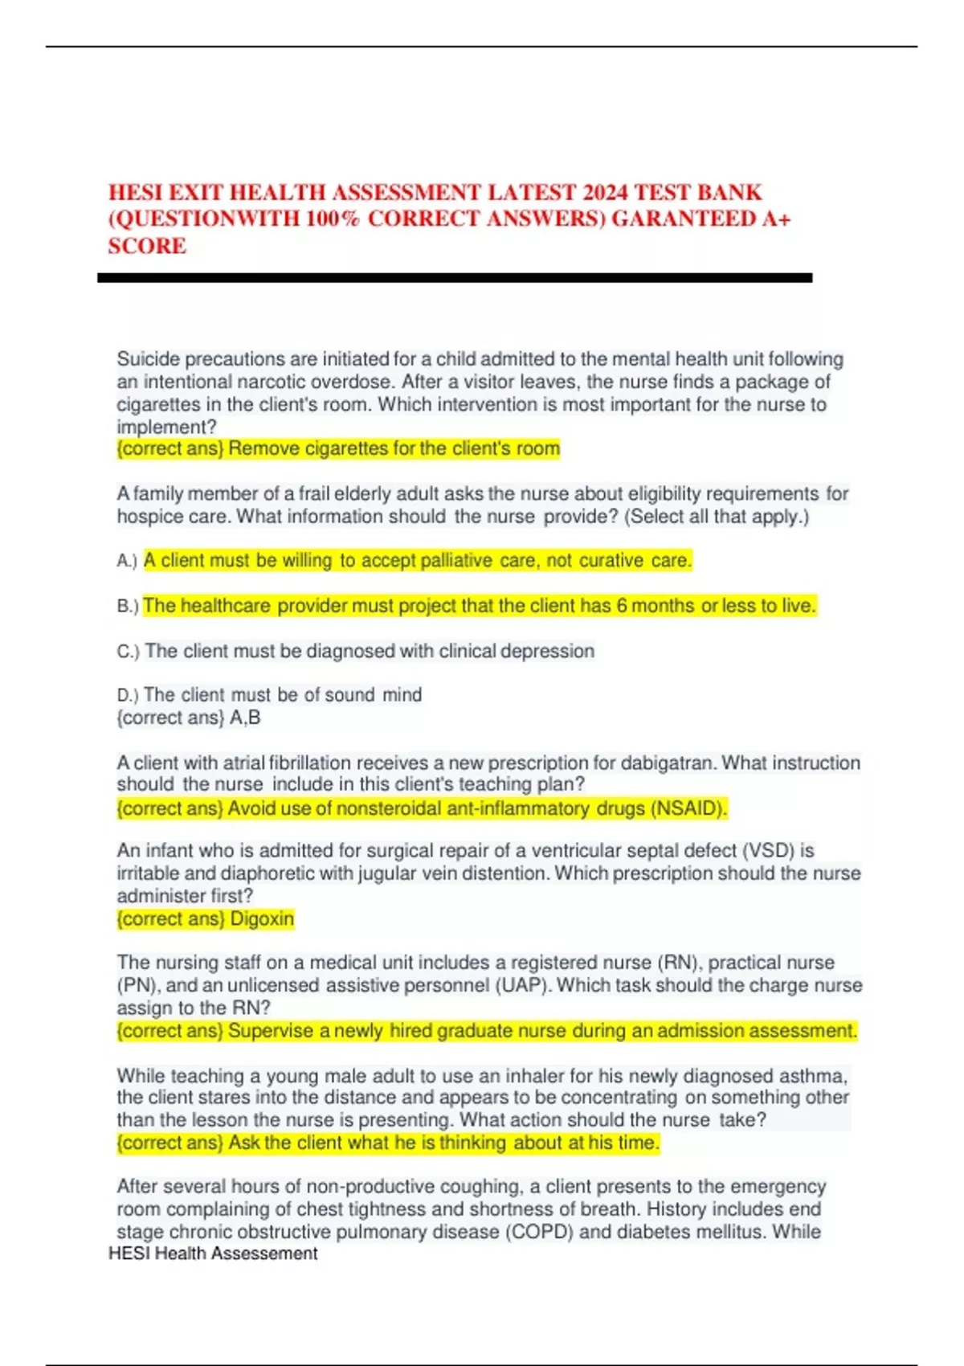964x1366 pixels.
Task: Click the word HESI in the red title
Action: pos(137,193)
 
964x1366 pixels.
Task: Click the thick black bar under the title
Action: pos(455,278)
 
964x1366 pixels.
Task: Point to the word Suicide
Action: pos(149,359)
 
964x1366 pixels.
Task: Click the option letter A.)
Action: pos(127,561)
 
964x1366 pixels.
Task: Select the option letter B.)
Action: pos(127,606)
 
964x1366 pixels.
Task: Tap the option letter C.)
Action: pos(128,652)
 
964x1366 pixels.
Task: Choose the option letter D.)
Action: pos(127,695)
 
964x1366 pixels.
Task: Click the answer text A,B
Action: pos(245,718)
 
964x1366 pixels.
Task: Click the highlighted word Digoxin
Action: pos(262,918)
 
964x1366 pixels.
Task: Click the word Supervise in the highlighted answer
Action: pos(270,1031)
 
